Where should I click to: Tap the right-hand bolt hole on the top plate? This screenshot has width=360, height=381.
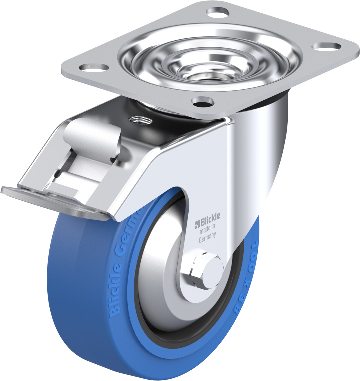pos(326,46)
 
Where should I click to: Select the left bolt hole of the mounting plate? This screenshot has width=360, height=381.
pos(94,67)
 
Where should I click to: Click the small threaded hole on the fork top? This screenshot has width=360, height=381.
pos(140,121)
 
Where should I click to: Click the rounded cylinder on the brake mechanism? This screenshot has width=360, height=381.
pos(89,131)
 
